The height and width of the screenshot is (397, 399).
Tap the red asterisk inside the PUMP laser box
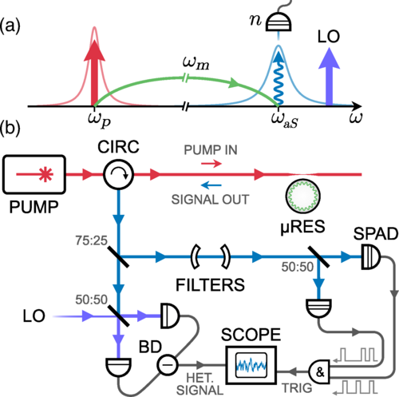coord(45,174)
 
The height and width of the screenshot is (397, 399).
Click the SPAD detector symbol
coord(371,257)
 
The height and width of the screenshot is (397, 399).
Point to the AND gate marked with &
coord(320,371)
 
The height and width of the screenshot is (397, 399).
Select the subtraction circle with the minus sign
coord(168,364)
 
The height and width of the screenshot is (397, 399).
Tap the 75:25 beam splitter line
coord(118,257)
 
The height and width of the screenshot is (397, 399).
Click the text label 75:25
coord(91,240)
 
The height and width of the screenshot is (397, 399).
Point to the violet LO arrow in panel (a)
coord(330,77)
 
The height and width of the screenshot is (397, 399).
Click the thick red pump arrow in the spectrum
coord(94,73)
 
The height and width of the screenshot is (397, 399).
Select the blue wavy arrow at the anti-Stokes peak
coord(279,78)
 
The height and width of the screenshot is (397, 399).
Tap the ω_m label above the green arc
coord(196,64)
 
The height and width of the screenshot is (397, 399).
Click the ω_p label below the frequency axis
coord(99,120)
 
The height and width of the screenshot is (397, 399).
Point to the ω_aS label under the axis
coord(284,121)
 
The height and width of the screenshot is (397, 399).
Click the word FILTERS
coord(210,284)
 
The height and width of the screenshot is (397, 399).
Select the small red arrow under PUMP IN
coord(211,163)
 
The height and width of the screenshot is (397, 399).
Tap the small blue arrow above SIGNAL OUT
coord(211,185)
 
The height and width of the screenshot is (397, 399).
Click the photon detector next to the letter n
coord(279,22)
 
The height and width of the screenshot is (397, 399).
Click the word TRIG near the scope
coord(297,388)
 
